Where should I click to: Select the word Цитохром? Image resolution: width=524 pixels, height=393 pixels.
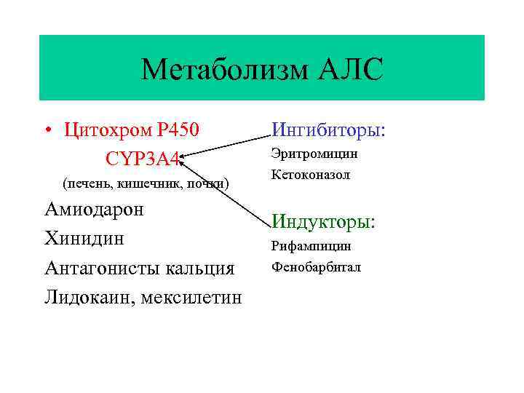coord(107,130)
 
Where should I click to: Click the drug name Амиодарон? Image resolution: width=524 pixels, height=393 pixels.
coord(94,210)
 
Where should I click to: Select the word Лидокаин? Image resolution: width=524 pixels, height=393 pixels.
coord(89,297)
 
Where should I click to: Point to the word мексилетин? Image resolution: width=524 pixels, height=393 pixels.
coord(191,297)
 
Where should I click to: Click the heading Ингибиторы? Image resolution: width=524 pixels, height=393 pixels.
coord(328,130)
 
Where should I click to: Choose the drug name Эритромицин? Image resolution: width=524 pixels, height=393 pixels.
coord(314,154)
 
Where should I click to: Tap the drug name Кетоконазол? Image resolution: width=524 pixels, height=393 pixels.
coord(311,175)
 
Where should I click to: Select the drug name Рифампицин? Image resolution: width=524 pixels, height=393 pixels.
coord(311,246)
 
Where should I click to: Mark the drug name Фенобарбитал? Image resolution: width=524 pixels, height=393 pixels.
coord(316,267)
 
